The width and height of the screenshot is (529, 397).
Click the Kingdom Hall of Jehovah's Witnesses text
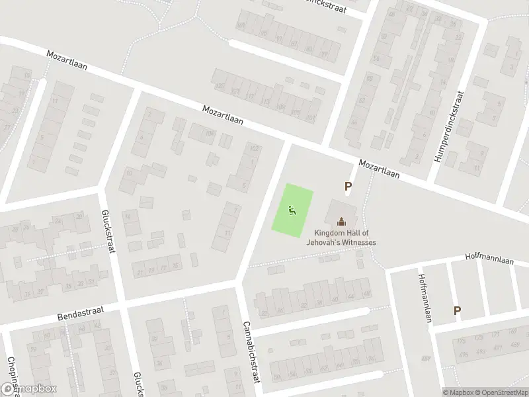click(x=341, y=238)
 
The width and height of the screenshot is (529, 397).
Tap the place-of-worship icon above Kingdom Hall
click(x=341, y=222)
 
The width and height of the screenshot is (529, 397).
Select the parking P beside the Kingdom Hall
click(x=347, y=187)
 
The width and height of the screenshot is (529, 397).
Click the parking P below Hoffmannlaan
click(x=457, y=310)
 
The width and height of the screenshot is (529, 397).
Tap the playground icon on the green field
click(x=292, y=211)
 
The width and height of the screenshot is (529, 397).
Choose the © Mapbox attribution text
click(x=457, y=392)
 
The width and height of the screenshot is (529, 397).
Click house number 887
click(x=425, y=358)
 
